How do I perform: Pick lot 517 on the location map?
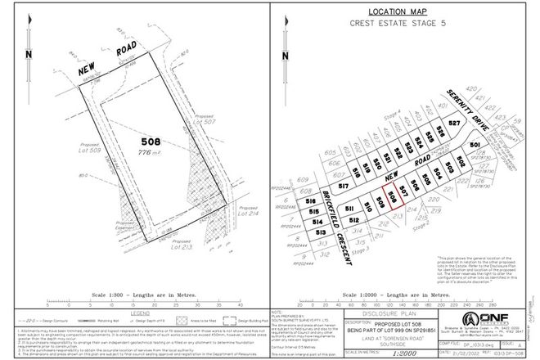pyautogui.click(x=343, y=188)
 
